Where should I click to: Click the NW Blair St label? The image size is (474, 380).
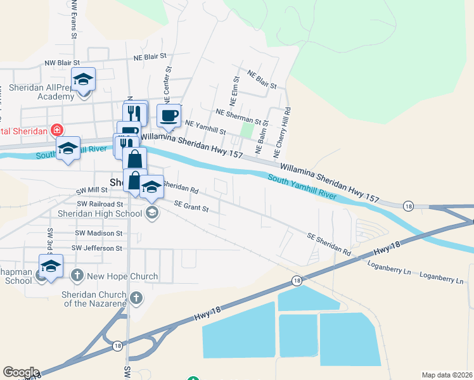click(62, 63)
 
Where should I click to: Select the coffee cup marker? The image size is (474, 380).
click(169, 116)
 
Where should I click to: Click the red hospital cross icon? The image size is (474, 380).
click(58, 130)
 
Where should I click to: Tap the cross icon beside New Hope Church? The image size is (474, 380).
click(77, 275)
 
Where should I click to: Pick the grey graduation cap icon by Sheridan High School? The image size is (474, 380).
click(151, 213)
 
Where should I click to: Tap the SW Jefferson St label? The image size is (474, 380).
click(97, 248)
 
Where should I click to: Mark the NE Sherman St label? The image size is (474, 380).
click(238, 116)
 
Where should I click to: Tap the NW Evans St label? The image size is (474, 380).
click(74, 19)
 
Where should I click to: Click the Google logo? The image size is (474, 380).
click(21, 372)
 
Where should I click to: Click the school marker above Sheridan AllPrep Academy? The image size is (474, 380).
click(83, 80)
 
